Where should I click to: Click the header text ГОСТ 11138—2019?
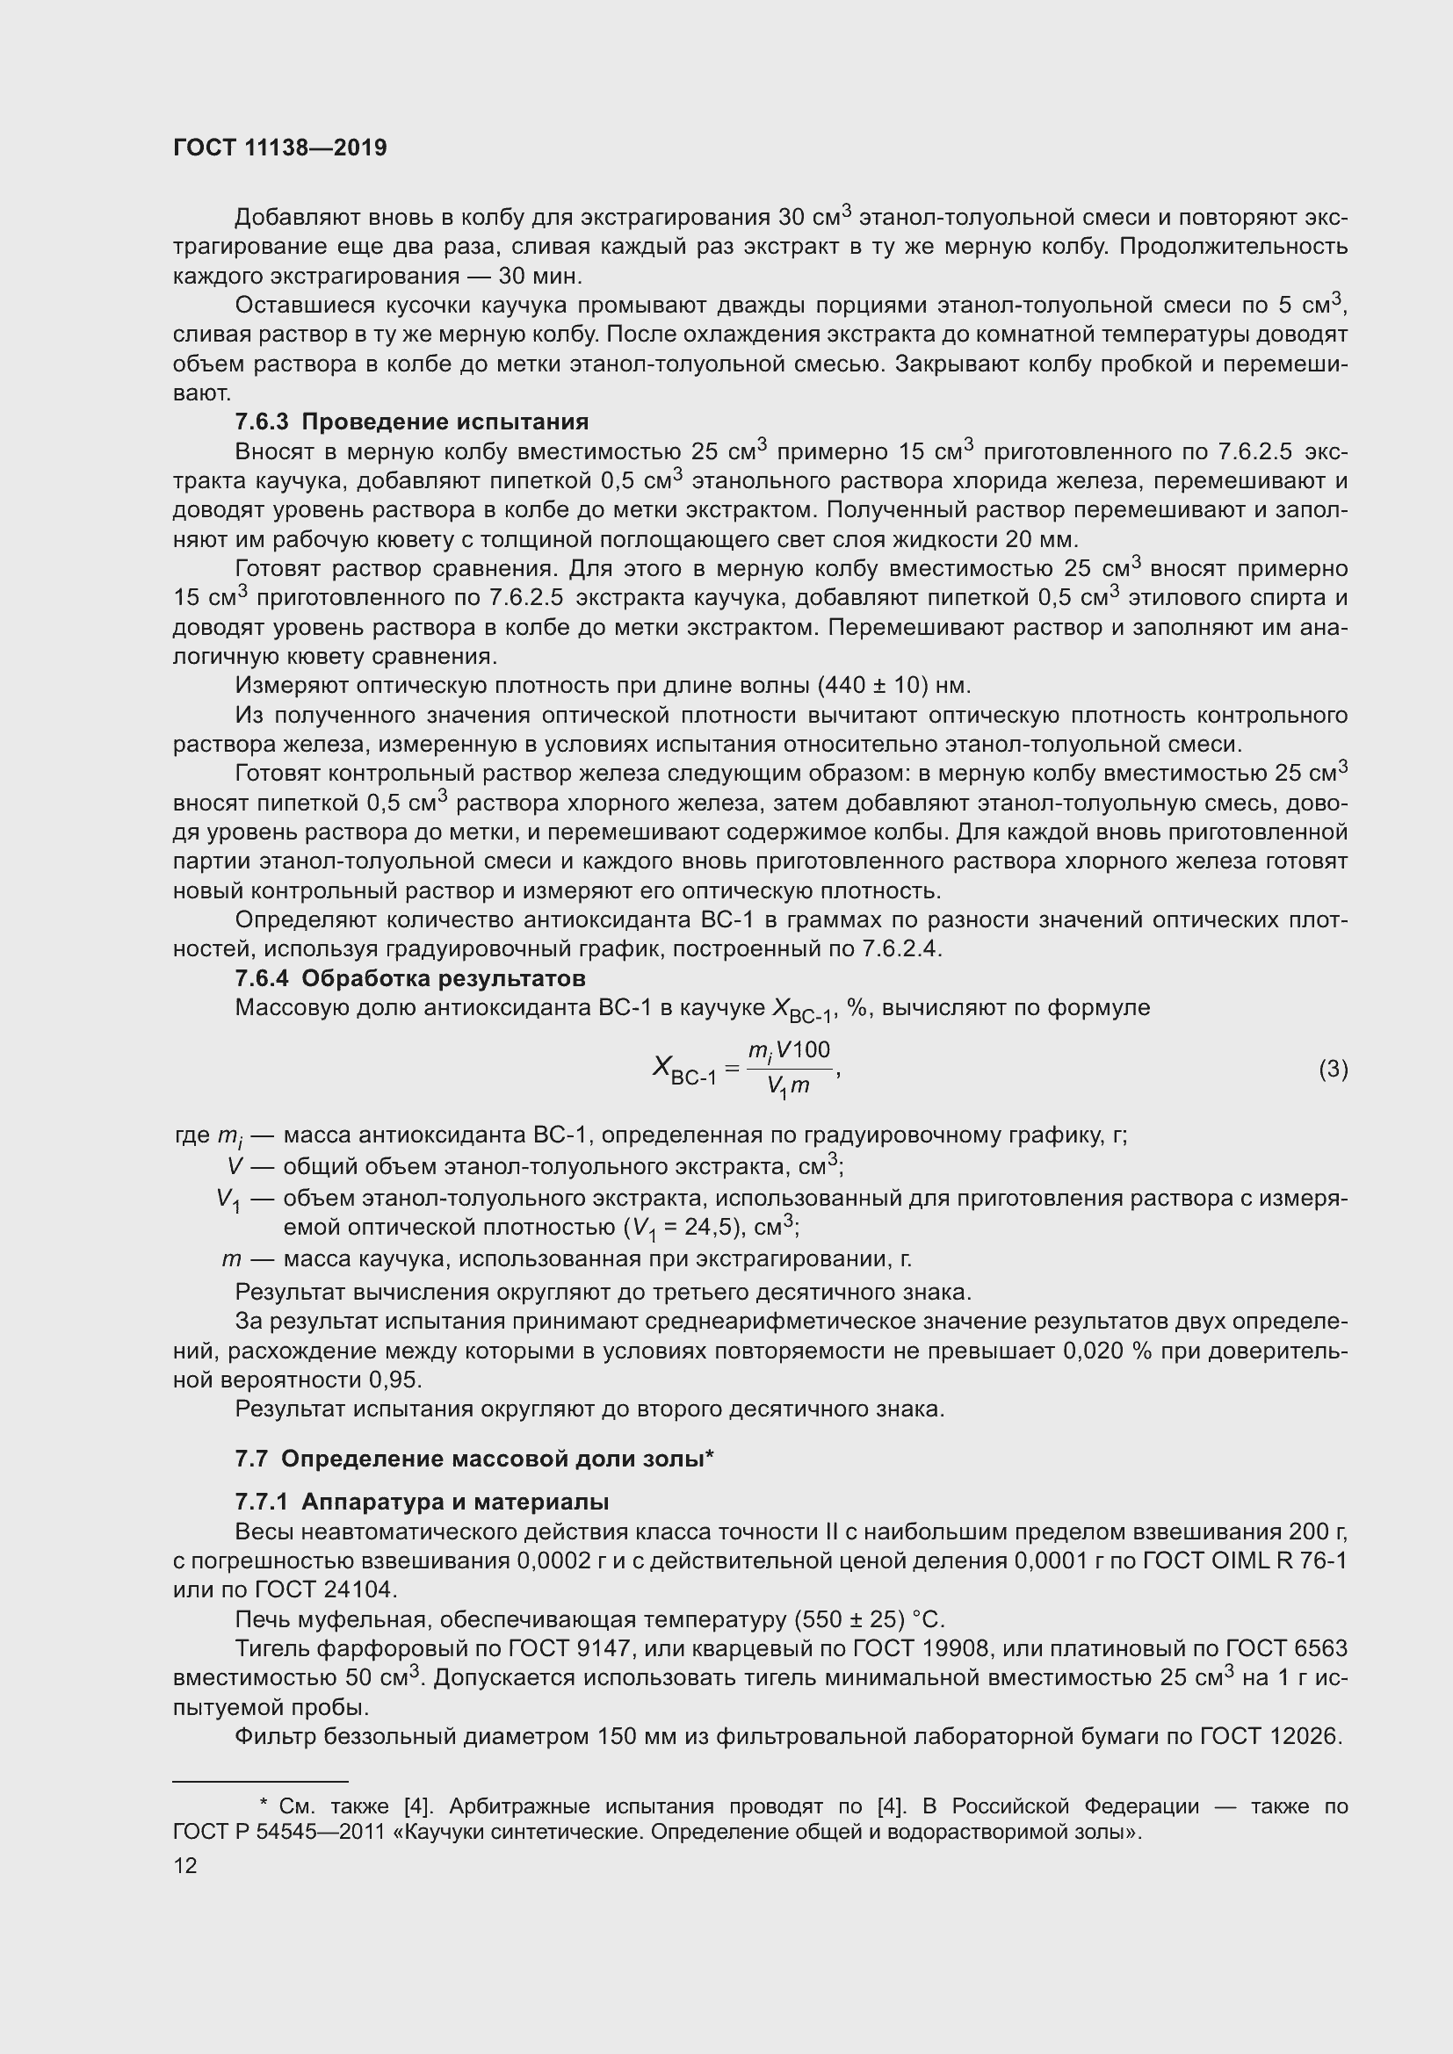pyautogui.click(x=280, y=148)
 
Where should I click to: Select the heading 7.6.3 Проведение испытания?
pyautogui.click(x=411, y=422)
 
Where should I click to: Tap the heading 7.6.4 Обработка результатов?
pyautogui.click(x=409, y=977)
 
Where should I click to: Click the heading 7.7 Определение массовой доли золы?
pyautogui.click(x=473, y=1459)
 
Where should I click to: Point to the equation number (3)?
pyautogui.click(x=1333, y=1068)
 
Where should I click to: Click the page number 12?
pyautogui.click(x=185, y=1865)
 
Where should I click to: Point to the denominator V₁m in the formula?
pyautogui.click(x=788, y=1087)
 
